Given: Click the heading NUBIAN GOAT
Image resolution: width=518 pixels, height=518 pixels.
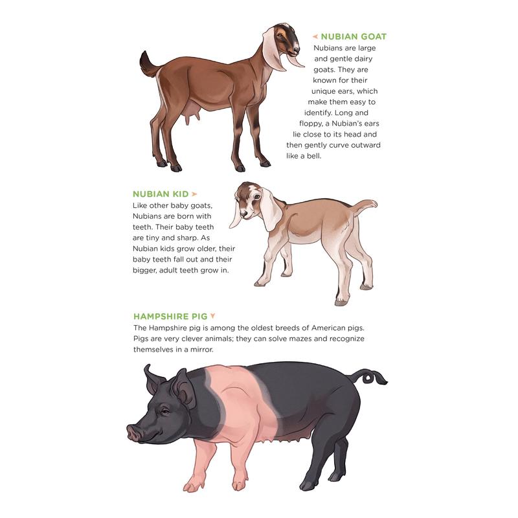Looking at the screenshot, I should coord(354,36).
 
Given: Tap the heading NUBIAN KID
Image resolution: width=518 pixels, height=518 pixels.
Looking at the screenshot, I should coord(161,194).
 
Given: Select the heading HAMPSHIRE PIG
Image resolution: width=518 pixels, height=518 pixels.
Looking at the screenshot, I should coord(170,317).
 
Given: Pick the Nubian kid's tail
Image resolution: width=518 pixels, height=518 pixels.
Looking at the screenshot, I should coord(366,206).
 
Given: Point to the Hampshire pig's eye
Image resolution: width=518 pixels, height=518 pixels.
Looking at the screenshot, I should coord(164,411).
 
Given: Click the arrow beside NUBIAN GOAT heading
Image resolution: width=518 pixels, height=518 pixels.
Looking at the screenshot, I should coord(315,36).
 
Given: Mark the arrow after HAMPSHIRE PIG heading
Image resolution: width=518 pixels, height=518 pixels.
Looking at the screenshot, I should coord(212,317).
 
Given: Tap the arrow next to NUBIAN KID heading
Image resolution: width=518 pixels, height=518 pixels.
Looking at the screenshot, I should coord(194,194).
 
